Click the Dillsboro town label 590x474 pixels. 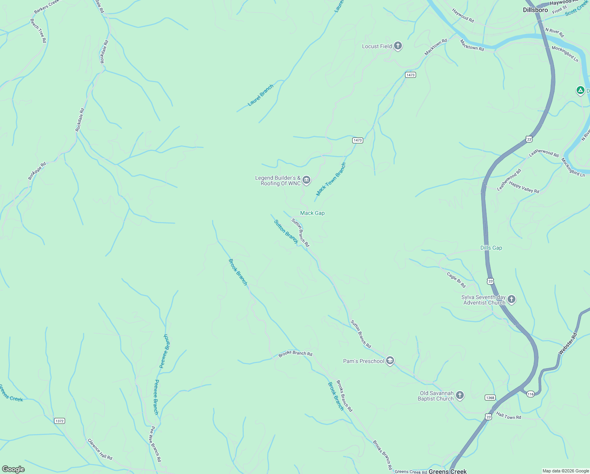535,10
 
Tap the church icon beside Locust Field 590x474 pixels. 398,46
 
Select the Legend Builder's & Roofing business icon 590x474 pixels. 306,181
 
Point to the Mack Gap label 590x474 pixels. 312,213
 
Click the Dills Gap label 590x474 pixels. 491,248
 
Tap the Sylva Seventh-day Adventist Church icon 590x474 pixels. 512,299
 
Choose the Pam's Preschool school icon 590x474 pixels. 390,361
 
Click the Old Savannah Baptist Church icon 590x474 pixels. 460,395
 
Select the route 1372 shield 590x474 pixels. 60,421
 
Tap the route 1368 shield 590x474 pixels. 490,398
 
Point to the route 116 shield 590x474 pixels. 530,394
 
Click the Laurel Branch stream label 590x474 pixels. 260,96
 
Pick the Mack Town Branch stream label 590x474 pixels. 331,179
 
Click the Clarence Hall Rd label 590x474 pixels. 100,450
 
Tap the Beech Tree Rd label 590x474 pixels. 38,30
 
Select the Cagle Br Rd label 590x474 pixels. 456,280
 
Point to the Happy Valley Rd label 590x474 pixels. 524,187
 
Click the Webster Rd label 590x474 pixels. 568,343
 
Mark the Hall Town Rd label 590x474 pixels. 508,416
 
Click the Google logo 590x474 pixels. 13,469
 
